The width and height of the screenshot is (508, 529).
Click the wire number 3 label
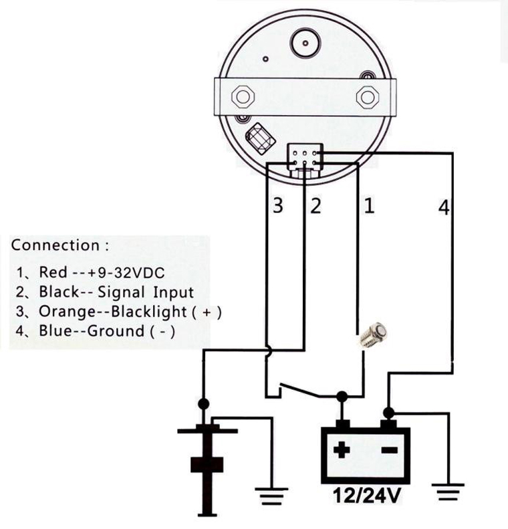pyautogui.click(x=278, y=205)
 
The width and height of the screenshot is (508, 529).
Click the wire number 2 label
pyautogui.click(x=314, y=205)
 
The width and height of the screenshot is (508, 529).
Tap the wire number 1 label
pyautogui.click(x=368, y=205)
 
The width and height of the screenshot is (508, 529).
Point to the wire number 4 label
pyautogui.click(x=444, y=207)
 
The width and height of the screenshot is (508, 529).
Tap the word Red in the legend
pyautogui.click(x=53, y=272)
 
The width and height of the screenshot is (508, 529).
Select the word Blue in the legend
pyautogui.click(x=53, y=331)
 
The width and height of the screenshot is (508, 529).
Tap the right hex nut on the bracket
pyautogui.click(x=367, y=96)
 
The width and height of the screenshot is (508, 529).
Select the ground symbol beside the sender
pyautogui.click(x=271, y=496)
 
